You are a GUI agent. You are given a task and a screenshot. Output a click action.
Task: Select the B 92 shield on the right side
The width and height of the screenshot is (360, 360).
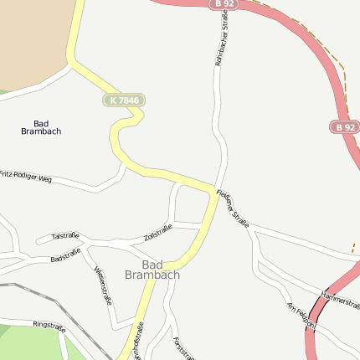(343, 126)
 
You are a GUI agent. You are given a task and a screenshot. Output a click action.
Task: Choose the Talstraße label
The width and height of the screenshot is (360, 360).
(64, 236)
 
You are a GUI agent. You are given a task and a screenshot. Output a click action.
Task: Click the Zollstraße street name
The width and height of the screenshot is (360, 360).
(157, 233)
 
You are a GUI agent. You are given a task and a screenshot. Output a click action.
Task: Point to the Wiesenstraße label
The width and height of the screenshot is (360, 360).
(103, 285)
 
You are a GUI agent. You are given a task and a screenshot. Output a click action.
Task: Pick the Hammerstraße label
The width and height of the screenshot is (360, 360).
(340, 299)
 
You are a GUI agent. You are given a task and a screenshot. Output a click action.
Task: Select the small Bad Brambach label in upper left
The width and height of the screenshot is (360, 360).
(41, 127)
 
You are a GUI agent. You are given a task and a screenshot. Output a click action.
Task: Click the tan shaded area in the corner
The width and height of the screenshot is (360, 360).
(33, 38)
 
